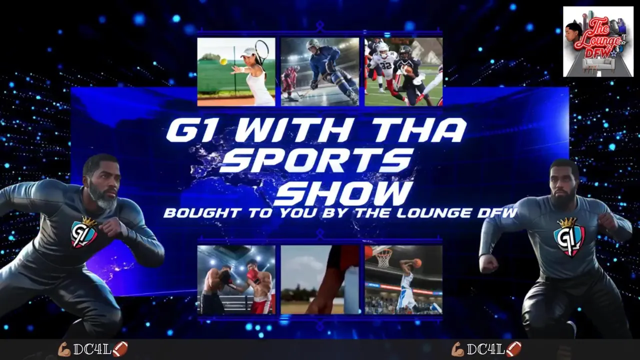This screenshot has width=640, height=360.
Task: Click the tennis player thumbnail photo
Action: [x=236, y=71]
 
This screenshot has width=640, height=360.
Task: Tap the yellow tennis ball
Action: [x=223, y=61]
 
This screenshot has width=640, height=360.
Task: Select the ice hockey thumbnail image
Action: [x=320, y=71]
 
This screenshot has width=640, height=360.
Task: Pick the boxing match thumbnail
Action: [x=236, y=279]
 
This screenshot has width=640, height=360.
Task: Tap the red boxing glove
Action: [x=252, y=275]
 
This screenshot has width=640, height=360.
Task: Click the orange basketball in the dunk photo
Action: [x=417, y=262]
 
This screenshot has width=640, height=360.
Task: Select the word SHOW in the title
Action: [x=343, y=193]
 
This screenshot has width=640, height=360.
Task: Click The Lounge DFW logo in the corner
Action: [x=598, y=41]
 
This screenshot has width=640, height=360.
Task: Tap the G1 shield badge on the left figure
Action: [x=84, y=233]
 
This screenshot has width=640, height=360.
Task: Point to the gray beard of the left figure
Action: [x=103, y=198]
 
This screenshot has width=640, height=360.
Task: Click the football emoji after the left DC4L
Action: [x=120, y=349]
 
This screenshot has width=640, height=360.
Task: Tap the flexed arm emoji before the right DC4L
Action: [x=457, y=349]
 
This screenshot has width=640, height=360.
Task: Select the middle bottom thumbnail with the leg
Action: [x=320, y=279]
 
